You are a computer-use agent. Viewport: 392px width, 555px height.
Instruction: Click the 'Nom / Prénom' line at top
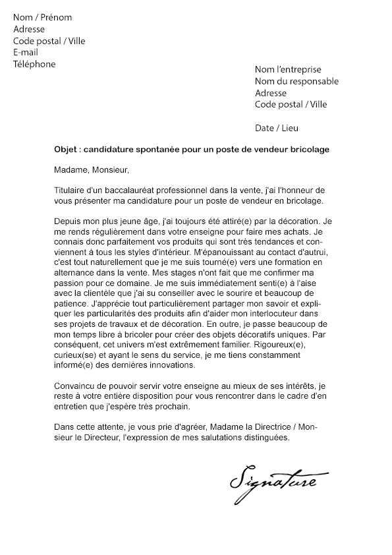pos(42,17)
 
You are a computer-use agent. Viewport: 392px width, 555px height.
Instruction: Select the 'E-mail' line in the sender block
pos(26,53)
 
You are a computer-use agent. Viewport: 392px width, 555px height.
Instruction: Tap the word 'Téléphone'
pos(34,65)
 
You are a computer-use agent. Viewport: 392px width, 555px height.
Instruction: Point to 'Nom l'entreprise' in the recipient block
pos(288,69)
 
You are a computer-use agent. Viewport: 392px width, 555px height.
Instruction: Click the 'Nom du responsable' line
pos(296,81)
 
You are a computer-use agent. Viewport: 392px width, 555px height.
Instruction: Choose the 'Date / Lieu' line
pos(276,128)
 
